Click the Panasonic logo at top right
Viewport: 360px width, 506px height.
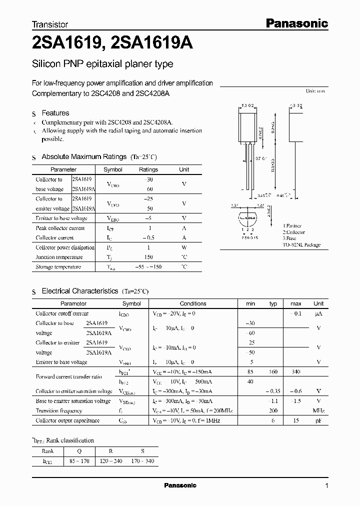[296, 23]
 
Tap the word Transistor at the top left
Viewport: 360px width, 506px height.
[50, 24]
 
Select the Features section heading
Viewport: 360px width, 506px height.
[55, 113]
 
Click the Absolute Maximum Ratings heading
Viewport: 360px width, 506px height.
[84, 156]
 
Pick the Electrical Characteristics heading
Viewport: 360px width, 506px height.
[80, 290]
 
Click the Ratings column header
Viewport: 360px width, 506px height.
[148, 169]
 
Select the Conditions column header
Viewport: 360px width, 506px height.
[193, 303]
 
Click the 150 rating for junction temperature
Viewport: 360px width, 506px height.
[148, 257]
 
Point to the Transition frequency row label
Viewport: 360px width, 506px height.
[59, 411]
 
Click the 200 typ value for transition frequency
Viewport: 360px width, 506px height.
[273, 411]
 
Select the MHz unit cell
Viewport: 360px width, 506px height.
[318, 411]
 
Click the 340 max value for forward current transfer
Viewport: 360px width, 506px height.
[296, 372]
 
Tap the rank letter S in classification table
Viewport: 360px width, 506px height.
[142, 450]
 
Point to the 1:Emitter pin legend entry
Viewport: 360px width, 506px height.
[293, 226]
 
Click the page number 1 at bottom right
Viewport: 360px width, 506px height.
[326, 485]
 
